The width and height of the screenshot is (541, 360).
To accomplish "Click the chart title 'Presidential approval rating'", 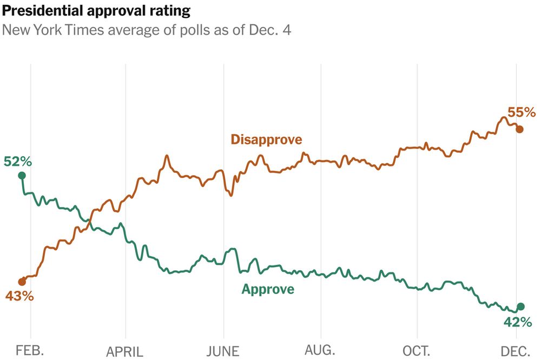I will click(x=96, y=10).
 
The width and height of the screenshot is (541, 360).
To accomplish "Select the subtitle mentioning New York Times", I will click(x=147, y=30).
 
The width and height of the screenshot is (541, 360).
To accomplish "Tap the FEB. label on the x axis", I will click(x=30, y=350).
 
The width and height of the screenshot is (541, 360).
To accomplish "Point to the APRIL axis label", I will click(x=124, y=352).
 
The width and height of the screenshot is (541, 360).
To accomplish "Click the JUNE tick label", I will click(x=222, y=351).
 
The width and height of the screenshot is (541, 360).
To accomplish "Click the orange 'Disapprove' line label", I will click(x=266, y=139).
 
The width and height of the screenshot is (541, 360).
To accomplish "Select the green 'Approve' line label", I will click(x=268, y=289).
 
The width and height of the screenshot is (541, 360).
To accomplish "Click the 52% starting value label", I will click(x=18, y=162).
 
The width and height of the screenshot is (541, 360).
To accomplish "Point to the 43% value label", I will click(x=20, y=296).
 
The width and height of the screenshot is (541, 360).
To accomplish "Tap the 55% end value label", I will click(x=521, y=112).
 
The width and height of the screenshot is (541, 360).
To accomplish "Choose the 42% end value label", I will click(x=518, y=322).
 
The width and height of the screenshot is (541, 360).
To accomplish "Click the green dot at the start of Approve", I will click(x=22, y=175).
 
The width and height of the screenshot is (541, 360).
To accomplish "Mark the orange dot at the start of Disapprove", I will click(x=22, y=282).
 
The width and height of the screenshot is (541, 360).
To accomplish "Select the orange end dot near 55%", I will click(x=519, y=129).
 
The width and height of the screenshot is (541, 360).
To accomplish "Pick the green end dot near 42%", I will click(x=521, y=306).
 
